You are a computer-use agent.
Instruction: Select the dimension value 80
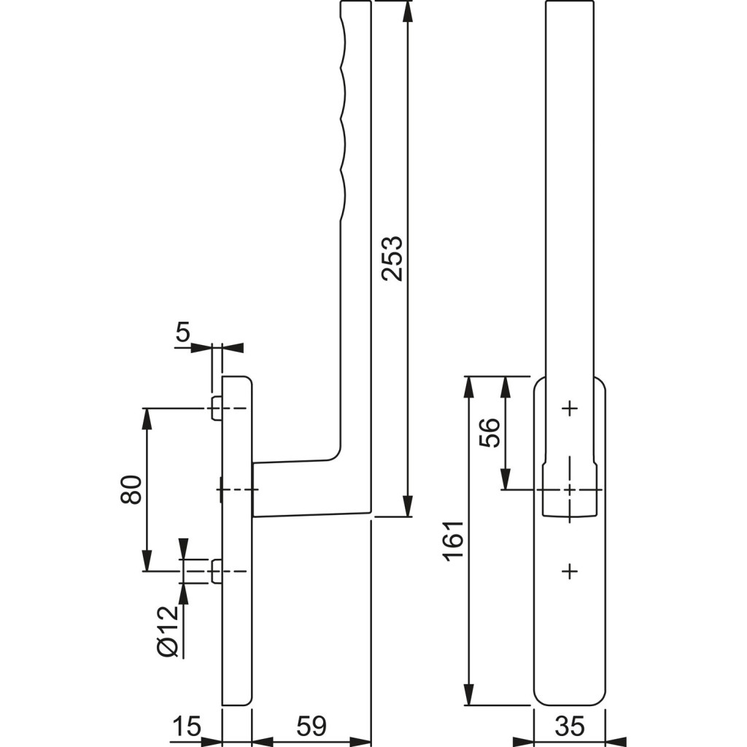pyautogui.click(x=131, y=489)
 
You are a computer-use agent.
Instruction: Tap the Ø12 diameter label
pyautogui.click(x=168, y=630)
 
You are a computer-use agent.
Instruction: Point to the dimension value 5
pyautogui.click(x=182, y=333)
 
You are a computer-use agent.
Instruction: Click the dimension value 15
pyautogui.click(x=186, y=727)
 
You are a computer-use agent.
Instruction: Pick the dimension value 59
pyautogui.click(x=311, y=727)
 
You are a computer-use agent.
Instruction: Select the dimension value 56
pyautogui.click(x=489, y=433)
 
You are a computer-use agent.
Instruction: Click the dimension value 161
pyautogui.click(x=453, y=541)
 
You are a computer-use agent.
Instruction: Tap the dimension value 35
pyautogui.click(x=570, y=727)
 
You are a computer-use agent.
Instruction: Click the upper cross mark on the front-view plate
pyautogui.click(x=570, y=409)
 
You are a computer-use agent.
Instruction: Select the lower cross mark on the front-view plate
pyautogui.click(x=570, y=571)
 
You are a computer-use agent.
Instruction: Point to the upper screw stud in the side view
pyautogui.click(x=216, y=409)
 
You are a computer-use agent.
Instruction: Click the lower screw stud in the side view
pyautogui.click(x=216, y=571)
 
